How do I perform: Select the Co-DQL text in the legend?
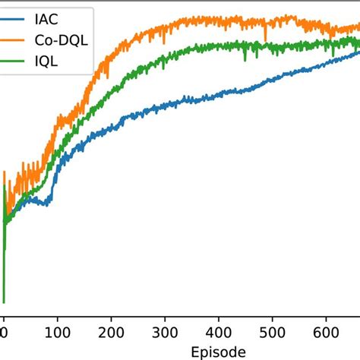pyautogui.click(x=66, y=39)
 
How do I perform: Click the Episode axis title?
pyautogui.click(x=219, y=351)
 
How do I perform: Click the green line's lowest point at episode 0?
pyautogui.click(x=4, y=302)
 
